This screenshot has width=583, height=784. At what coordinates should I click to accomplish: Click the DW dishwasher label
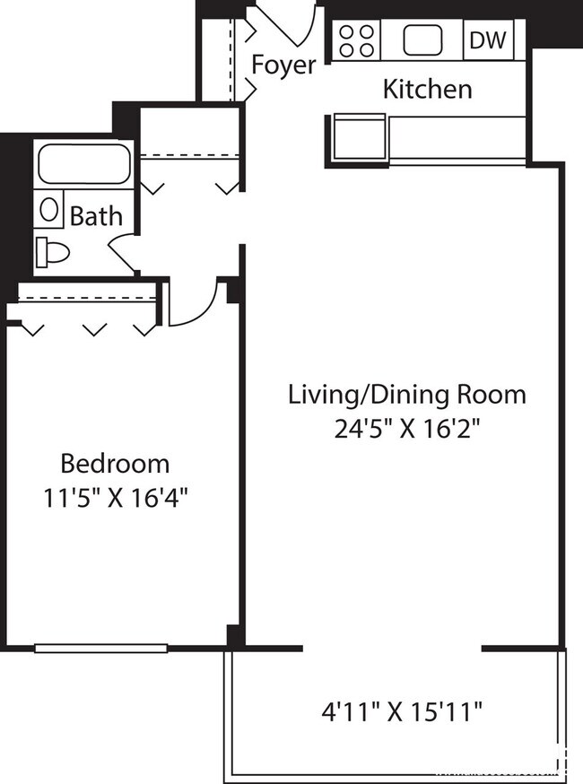point(488,40)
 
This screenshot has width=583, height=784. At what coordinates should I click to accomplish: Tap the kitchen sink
point(423,40)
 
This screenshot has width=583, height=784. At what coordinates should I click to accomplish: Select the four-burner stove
point(356,40)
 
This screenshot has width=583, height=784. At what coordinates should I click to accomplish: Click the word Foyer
point(283,65)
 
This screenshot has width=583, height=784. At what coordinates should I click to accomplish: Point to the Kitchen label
point(427,90)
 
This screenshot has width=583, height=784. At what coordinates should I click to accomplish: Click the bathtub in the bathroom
point(83,163)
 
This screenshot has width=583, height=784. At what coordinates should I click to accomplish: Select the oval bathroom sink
point(50,212)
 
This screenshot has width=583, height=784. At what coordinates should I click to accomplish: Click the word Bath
point(96,216)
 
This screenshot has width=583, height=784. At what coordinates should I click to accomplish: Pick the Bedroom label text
point(115,464)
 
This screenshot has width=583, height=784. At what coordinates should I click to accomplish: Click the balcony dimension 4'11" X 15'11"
point(403,713)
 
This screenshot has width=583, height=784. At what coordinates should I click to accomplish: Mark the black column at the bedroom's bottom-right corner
point(235,636)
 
